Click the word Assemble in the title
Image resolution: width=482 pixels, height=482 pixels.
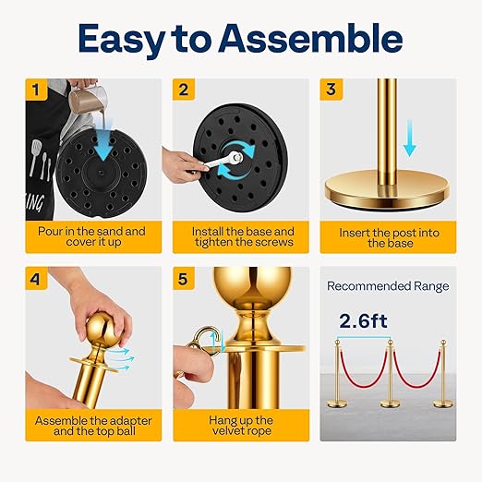click(310, 39)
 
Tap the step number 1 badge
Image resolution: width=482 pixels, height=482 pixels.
click(36, 90)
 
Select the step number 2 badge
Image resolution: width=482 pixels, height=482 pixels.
click(184, 90)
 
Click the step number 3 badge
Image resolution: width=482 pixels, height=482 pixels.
click(331, 90)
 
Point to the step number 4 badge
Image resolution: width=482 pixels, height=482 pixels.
click(36, 279)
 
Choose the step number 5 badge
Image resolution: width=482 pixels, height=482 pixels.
click(184, 279)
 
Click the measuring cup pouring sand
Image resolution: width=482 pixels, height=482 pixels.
click(88, 99)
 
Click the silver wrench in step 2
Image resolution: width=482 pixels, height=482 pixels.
click(223, 161)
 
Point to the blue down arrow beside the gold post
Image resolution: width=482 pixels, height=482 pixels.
click(410, 138)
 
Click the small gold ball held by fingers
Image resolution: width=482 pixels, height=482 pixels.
click(102, 330)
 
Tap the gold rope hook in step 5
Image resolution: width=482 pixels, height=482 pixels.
click(206, 340)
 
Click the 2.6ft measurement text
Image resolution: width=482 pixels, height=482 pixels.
click(363, 321)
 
